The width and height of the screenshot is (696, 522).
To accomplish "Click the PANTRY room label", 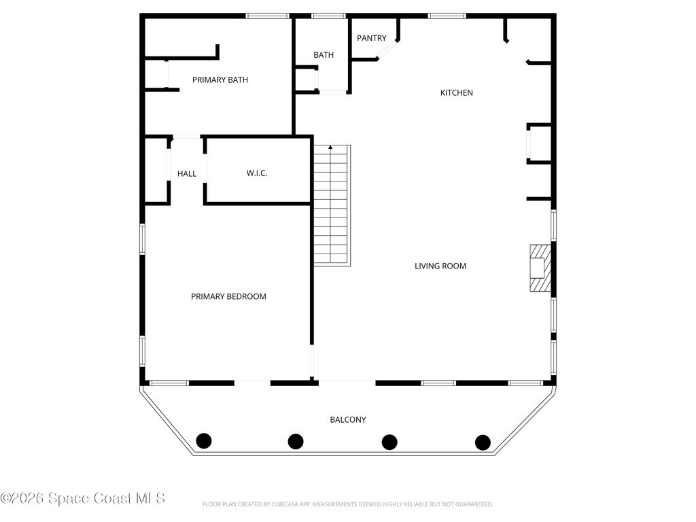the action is coord(372,38).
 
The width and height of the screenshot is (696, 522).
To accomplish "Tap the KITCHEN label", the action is coord(456,92).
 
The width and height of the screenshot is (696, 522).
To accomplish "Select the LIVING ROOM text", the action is coord(440,266).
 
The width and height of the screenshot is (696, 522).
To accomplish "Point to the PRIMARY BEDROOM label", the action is coord(228,296).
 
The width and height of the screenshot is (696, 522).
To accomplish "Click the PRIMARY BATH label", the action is coord(220,80).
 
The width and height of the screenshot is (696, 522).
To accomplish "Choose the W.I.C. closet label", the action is coord(257,173).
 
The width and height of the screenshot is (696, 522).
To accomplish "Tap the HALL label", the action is coord(187,173).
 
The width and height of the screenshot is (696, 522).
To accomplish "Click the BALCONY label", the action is coord(348,419).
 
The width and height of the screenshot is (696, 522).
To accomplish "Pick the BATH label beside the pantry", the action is coord(324,55).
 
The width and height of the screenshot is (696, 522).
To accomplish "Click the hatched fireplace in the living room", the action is coord(540,268).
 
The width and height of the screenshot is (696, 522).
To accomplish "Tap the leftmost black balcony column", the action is coord(204,440).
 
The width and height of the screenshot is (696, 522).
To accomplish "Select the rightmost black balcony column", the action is coord(483,442).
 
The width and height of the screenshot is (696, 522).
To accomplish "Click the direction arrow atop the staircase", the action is coord(330,147).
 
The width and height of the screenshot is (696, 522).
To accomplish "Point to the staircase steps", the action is coord(332,205).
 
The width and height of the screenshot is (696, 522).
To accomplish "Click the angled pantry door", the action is coord(387,49).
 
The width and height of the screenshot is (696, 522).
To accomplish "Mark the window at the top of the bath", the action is coord(328,16).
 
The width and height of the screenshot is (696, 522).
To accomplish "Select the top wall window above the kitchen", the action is coord(447,16).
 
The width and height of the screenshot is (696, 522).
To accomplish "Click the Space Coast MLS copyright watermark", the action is coord(83,498).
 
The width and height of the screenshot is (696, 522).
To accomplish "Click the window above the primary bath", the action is coord(268,16).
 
